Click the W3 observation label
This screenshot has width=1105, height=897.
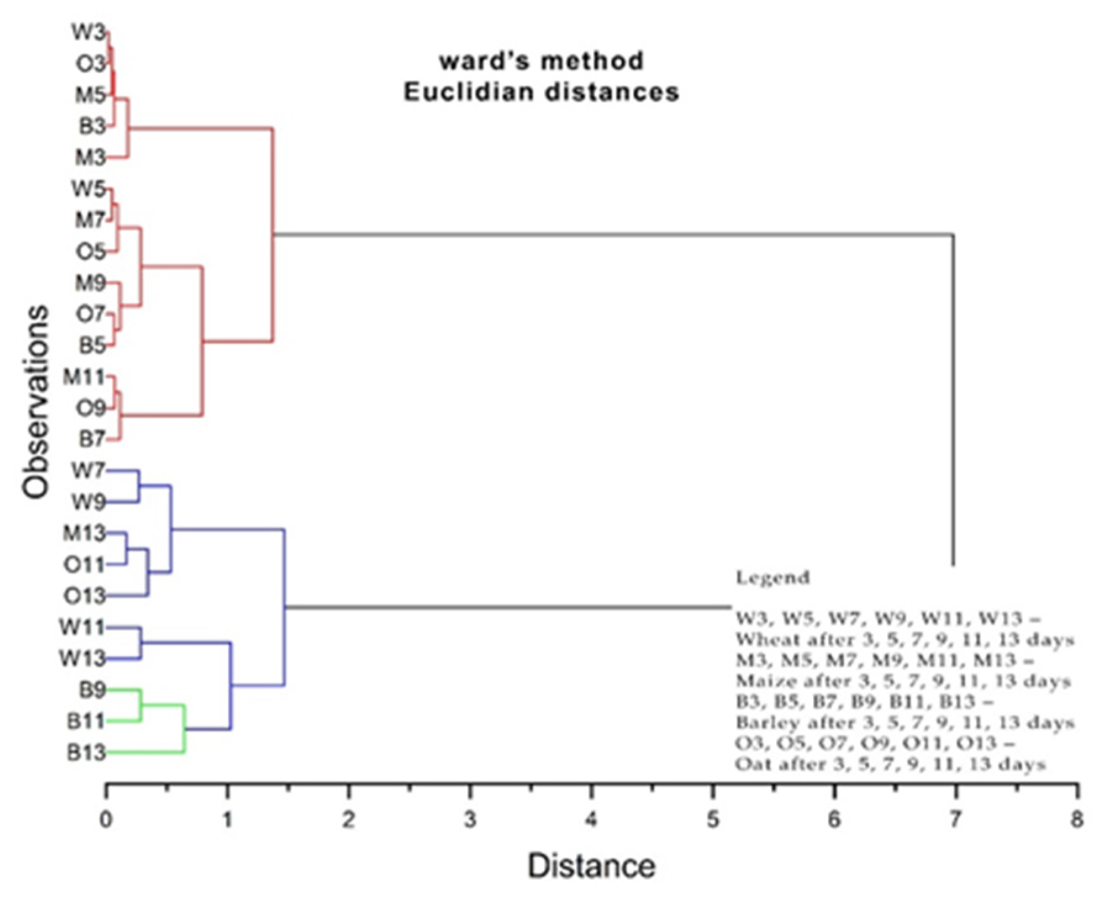[88, 32]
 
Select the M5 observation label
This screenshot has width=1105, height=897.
[90, 95]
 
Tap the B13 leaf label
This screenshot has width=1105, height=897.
[86, 753]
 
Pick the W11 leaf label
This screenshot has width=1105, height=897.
[82, 628]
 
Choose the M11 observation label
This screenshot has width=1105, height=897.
[84, 376]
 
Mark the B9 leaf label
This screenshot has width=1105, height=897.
[92, 690]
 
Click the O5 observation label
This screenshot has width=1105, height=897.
[91, 252]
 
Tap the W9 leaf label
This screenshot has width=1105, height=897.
[88, 502]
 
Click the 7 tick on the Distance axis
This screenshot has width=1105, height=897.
[954, 820]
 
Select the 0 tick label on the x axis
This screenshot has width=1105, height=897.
[107, 820]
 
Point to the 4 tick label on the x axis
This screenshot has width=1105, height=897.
[592, 820]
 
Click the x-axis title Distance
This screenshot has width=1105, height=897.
[591, 866]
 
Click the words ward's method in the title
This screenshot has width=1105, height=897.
[541, 60]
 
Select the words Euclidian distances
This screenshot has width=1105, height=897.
[541, 92]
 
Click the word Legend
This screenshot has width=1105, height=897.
[772, 578]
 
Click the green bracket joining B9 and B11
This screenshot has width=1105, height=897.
[142, 705]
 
